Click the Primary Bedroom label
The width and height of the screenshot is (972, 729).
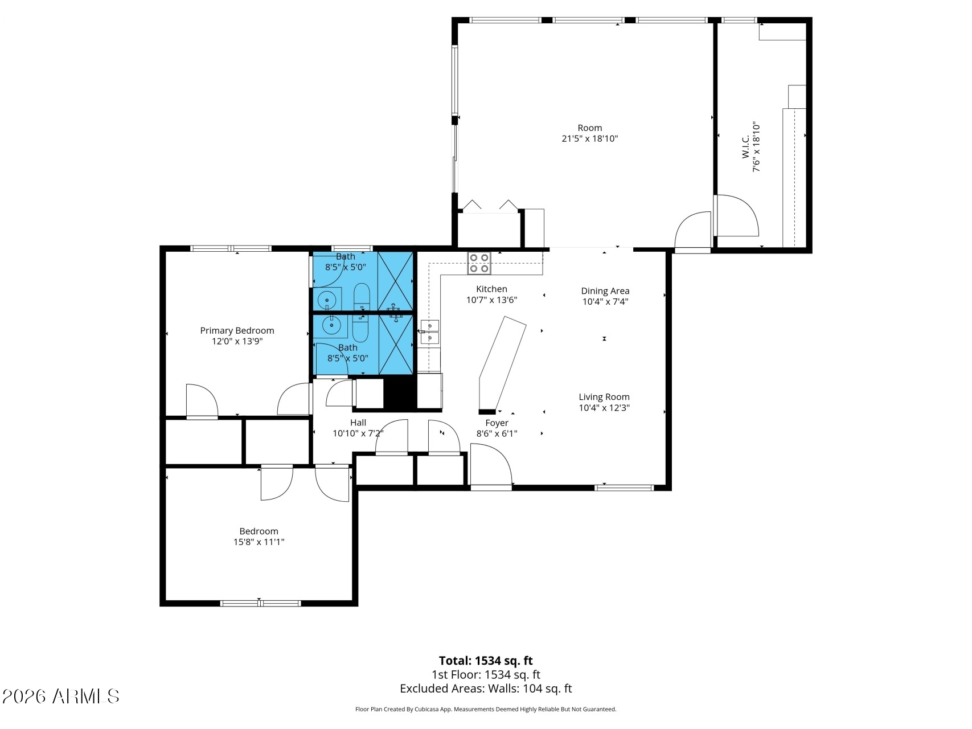237,330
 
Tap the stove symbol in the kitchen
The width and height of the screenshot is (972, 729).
479,263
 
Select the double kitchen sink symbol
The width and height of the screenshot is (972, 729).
430,333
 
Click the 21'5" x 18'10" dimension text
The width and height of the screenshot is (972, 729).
589,138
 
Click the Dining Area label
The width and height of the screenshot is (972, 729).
605,291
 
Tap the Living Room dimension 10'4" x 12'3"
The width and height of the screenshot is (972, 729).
604,408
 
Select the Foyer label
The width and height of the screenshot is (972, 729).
497,423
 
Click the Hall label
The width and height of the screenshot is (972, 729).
358,423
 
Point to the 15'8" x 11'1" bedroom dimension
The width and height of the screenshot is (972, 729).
259,542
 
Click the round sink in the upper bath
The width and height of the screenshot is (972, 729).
327,299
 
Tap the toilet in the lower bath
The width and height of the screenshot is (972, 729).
360,328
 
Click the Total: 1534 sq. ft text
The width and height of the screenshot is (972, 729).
486,661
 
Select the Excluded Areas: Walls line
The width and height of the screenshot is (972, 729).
486,689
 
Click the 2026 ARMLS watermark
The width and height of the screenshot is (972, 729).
60,696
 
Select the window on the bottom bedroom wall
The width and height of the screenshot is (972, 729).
260,603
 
